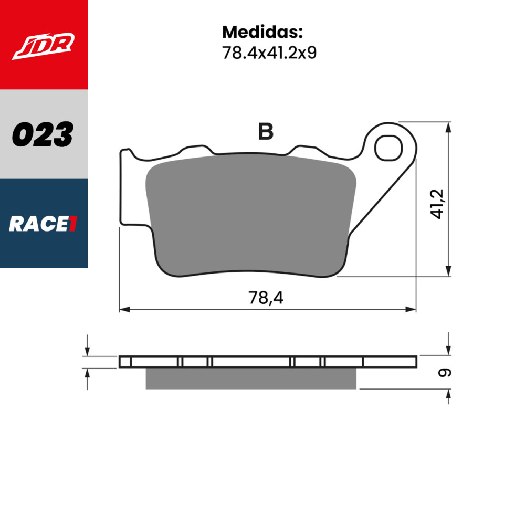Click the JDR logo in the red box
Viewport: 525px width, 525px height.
(44, 46)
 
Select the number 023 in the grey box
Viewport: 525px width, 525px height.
(43, 134)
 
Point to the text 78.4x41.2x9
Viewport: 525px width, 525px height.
(269, 52)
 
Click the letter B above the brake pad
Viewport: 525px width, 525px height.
(266, 132)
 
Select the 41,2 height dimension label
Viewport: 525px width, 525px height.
(438, 204)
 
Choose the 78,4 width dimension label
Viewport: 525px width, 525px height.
(266, 298)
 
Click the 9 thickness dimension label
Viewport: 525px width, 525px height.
(444, 373)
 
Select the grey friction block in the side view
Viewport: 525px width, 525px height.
(250, 379)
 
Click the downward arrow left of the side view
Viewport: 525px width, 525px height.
(87, 350)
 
